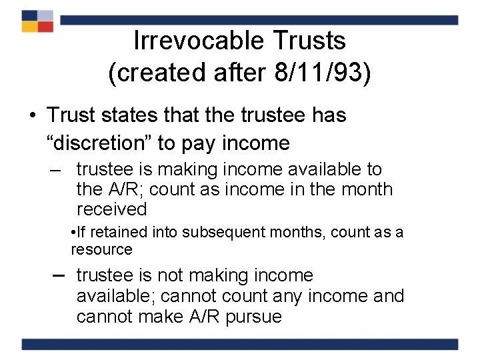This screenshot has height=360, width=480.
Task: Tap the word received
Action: click(112, 209)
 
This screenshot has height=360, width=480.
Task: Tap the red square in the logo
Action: click(45, 27)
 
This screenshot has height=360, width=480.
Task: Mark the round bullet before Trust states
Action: click(32, 115)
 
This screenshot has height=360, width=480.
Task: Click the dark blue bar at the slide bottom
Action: click(240, 344)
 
